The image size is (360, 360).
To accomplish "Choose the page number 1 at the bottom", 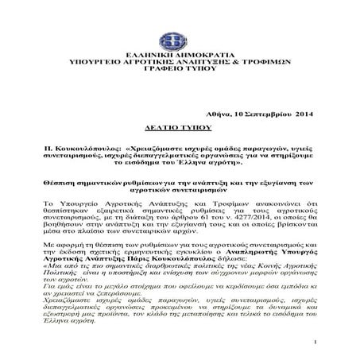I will (x=315, y=344).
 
